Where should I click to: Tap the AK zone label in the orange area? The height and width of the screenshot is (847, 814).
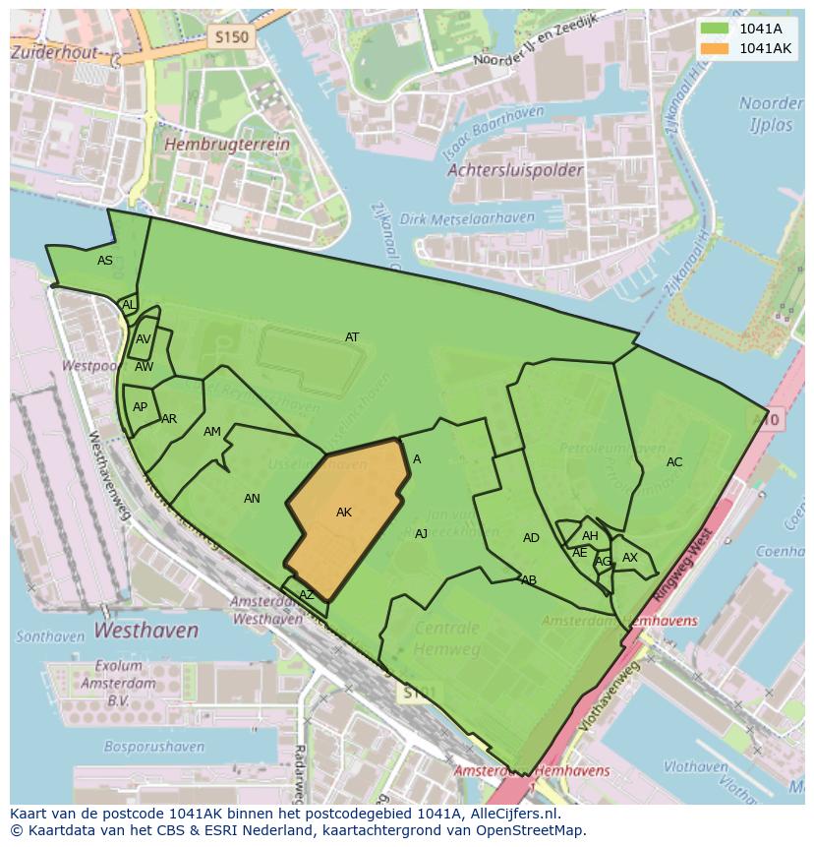(344, 513)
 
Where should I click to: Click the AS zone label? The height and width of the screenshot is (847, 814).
(105, 261)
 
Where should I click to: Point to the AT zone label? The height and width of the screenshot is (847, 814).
(352, 337)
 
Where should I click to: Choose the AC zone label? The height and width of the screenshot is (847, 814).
(674, 462)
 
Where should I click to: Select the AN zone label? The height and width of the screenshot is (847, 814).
(252, 499)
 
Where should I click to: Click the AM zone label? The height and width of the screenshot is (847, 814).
(212, 432)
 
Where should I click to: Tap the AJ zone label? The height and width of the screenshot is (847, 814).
(421, 534)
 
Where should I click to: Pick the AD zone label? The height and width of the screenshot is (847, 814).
(531, 538)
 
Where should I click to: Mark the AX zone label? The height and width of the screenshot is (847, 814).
(630, 558)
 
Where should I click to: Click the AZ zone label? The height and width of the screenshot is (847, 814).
(307, 595)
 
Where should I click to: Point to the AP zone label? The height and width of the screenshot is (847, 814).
(140, 407)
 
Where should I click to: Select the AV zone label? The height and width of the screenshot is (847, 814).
(144, 339)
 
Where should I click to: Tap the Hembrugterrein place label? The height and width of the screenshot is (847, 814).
(228, 144)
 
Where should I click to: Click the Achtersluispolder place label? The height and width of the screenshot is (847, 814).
(515, 170)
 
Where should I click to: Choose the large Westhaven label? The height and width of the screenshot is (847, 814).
(146, 630)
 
